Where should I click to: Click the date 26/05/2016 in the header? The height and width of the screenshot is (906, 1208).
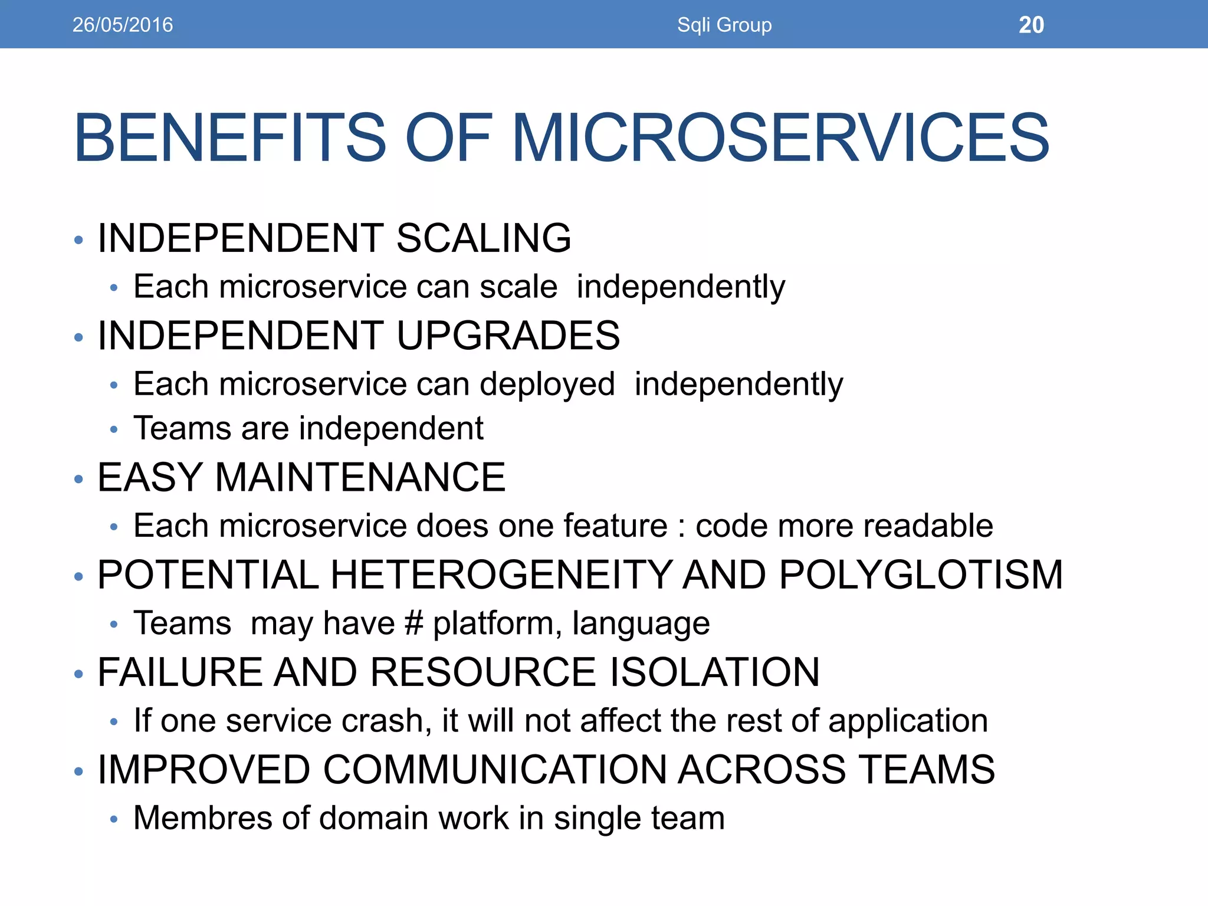coord(123,25)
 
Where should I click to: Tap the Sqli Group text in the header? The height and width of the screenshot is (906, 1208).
coord(724,25)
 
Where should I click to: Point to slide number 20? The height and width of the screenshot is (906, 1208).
coord(1031,25)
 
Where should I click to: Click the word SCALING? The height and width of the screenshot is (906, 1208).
coord(484,238)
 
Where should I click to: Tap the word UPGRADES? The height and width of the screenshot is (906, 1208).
coord(508,336)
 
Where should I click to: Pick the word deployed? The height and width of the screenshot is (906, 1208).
coord(547,385)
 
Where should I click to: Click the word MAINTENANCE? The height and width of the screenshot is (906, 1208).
coord(360,477)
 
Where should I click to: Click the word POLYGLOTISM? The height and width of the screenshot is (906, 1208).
coord(921,575)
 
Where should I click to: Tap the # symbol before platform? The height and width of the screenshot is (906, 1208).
coord(414,623)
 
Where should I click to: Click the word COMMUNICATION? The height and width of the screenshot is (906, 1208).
coord(494,770)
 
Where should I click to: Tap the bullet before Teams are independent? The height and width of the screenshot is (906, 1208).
coord(114,429)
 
